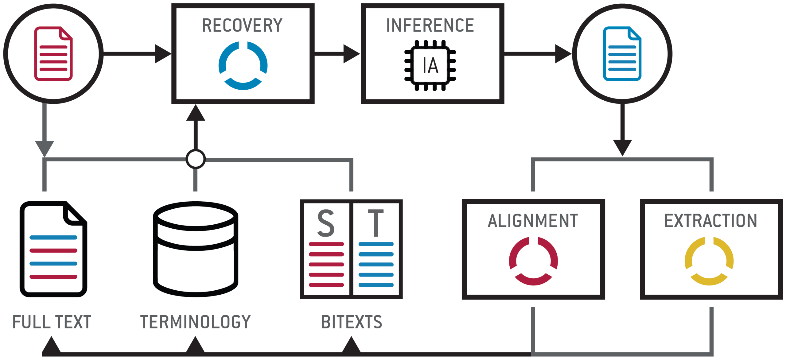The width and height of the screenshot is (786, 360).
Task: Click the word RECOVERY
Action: click(242, 25)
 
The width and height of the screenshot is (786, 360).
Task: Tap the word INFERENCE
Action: click(430, 25)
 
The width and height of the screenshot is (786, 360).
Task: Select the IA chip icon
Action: click(430, 65)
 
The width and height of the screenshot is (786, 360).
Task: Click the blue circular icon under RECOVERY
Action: click(243, 66)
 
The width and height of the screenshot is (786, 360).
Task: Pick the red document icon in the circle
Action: click(53, 54)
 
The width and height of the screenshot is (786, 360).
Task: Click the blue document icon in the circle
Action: click(622, 54)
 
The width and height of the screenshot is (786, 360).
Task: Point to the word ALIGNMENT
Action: click(533, 221)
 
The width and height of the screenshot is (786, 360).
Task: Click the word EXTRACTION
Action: click(711, 221)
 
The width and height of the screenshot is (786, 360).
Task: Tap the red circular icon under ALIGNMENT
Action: click(533, 261)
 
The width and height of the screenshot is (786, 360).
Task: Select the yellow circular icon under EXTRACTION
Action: click(709, 261)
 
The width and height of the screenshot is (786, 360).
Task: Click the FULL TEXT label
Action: click(52, 322)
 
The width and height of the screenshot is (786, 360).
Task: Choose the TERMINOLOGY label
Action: click(196, 322)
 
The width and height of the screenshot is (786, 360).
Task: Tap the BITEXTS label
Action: click(352, 322)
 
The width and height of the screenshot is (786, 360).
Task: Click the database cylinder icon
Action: click(196, 249)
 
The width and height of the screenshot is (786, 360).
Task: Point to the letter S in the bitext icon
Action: click(326, 223)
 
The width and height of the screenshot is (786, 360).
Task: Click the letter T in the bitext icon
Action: click(376, 223)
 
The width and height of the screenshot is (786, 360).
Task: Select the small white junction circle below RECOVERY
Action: click(196, 159)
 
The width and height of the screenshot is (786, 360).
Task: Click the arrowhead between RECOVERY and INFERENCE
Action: click(351, 54)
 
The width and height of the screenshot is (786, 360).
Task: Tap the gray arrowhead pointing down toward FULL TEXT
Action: click(45, 148)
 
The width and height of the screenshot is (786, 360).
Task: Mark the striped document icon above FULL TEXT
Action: click(53, 249)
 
